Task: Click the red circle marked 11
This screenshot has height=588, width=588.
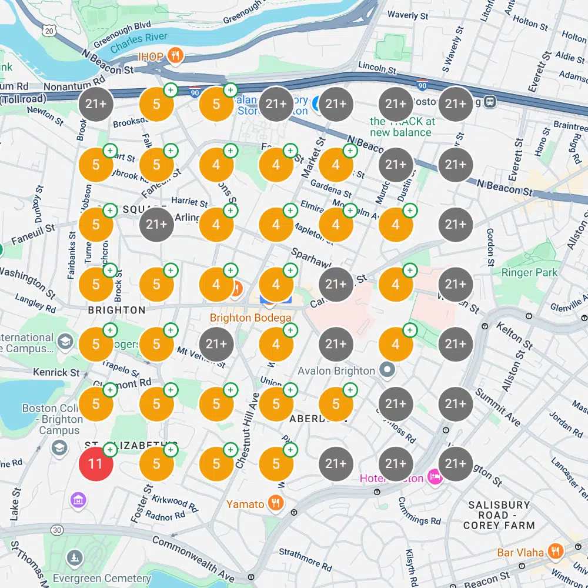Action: click(96, 463)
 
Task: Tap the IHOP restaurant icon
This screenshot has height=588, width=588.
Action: click(175, 56)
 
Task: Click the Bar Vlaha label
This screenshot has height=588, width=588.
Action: click(520, 553)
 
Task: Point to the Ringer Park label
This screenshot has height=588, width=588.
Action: click(529, 272)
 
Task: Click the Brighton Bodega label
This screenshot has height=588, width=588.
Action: click(250, 318)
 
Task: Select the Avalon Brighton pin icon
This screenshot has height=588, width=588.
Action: click(387, 370)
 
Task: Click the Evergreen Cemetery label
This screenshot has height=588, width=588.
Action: click(102, 579)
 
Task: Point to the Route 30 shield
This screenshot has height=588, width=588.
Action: click(57, 530)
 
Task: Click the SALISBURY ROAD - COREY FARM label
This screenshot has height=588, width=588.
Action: click(499, 515)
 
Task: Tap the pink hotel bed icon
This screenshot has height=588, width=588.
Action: click(435, 477)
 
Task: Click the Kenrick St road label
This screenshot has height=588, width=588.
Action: click(56, 372)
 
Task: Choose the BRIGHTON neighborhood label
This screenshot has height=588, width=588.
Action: click(116, 310)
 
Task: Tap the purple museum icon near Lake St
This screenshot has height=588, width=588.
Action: click(78, 500)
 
